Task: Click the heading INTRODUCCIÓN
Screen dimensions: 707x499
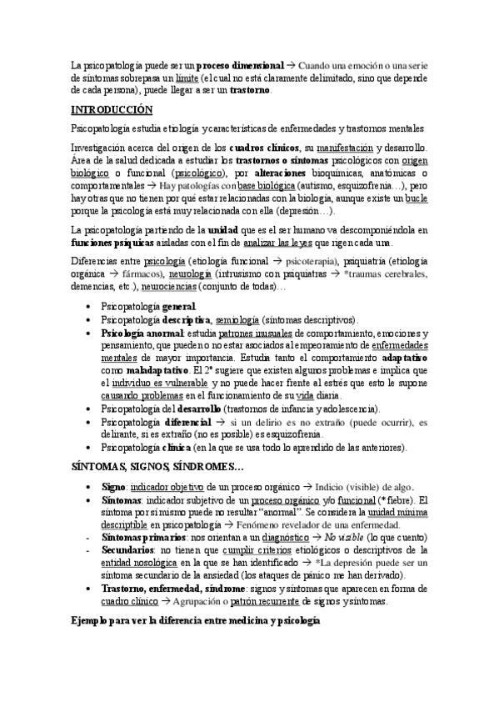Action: [112, 109]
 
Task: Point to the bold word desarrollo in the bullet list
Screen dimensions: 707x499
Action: [197, 409]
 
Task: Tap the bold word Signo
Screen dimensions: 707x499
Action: [112, 488]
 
